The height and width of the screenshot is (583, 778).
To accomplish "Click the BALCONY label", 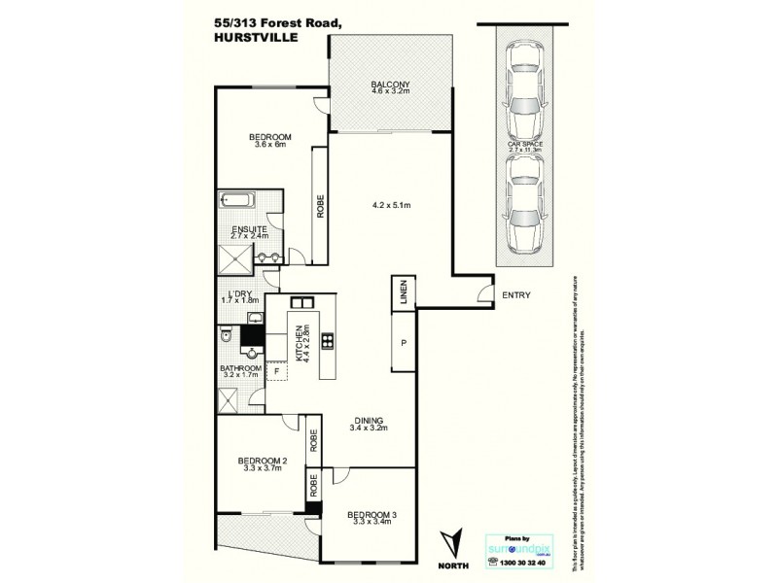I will [390, 85].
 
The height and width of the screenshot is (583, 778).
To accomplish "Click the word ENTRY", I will [515, 295].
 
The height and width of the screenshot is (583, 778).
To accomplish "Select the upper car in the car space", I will [525, 93].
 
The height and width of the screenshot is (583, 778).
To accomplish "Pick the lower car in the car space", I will [525, 202].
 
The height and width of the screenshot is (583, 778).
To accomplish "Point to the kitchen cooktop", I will [328, 340].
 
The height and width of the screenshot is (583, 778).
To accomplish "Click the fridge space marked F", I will [277, 370].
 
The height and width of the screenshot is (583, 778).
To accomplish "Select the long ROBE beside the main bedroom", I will [319, 203].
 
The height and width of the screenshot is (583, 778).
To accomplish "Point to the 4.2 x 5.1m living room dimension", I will [393, 205].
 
